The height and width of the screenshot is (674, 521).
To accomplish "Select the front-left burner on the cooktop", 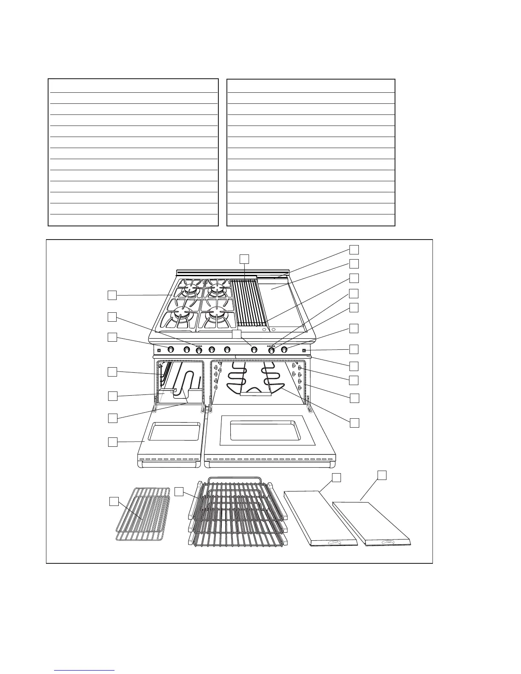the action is point(181,315).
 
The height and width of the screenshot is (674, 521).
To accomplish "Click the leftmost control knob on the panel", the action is point(170,350).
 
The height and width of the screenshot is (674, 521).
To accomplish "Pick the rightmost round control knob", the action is point(284,350).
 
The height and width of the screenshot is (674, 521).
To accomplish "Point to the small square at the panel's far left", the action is point(159,351).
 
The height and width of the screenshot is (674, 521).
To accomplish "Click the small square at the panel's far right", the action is point(304,351).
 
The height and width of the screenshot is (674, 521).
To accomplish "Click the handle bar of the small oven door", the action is point(169,465).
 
